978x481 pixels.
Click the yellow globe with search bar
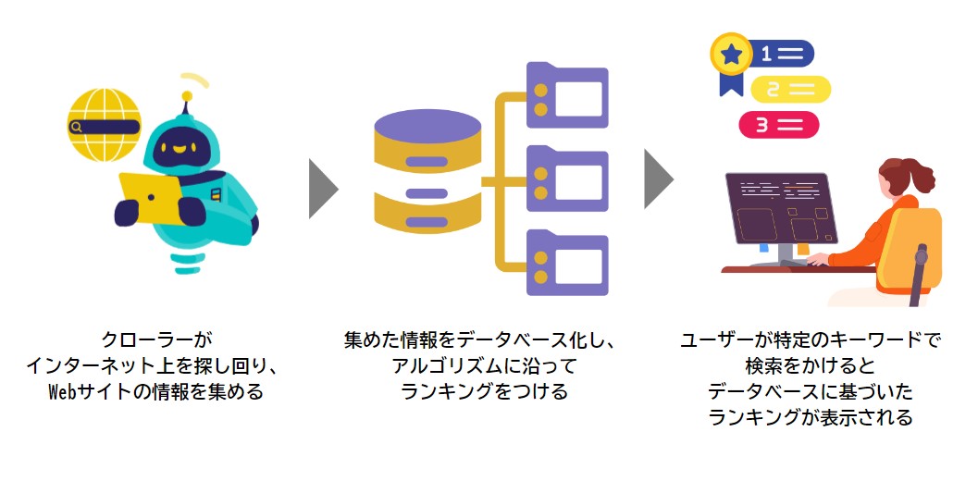(104, 125)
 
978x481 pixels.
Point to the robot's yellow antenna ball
(187, 96)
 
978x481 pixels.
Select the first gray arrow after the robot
(323, 189)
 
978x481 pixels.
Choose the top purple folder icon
(567, 94)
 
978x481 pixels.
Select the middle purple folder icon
(567, 179)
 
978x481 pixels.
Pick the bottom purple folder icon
(567, 263)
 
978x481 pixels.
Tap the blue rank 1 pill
(781, 54)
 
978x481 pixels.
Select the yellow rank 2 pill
(791, 90)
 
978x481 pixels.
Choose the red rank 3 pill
(779, 125)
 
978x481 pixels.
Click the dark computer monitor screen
(780, 208)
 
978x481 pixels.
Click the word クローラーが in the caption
(151, 339)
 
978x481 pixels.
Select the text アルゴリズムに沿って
(484, 365)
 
